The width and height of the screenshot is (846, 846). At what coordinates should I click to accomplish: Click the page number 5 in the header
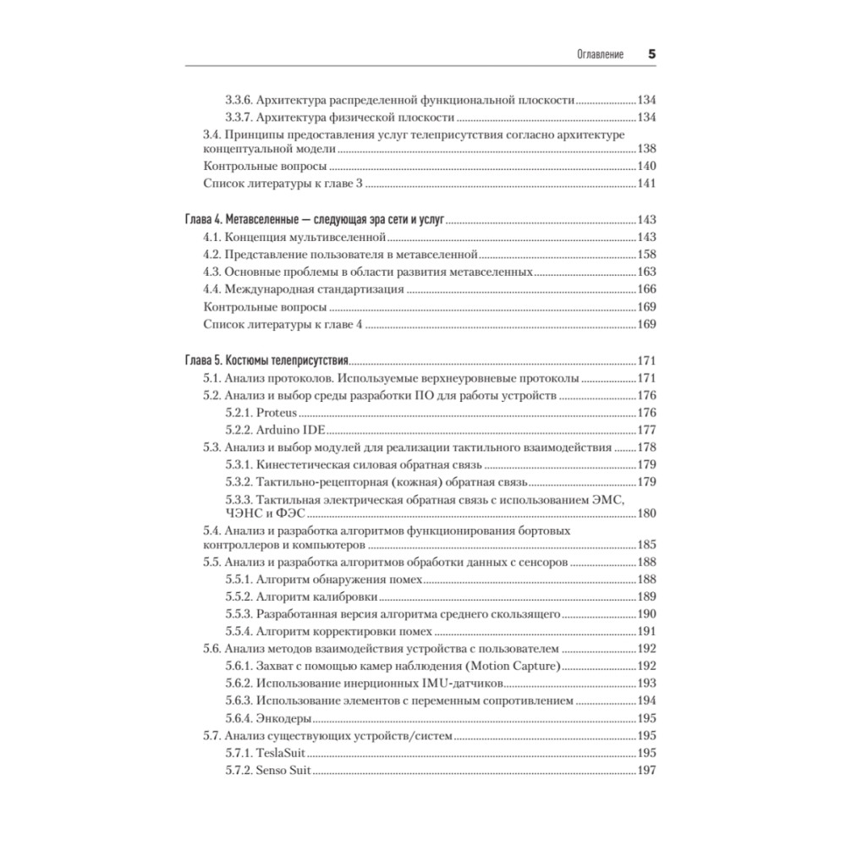point(652,53)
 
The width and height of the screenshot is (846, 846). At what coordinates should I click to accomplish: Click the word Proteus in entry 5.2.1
point(273,413)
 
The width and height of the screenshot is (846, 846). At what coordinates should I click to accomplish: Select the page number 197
point(647,771)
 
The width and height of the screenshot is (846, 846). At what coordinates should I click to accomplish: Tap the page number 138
point(647,148)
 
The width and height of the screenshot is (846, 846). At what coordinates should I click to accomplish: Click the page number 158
point(647,254)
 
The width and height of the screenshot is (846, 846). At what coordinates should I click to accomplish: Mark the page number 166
point(647,289)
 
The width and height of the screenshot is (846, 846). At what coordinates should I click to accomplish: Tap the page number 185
point(647,545)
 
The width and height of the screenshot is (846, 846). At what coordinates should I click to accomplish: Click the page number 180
point(647,513)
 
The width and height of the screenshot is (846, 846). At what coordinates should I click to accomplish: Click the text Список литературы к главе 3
point(283,184)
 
